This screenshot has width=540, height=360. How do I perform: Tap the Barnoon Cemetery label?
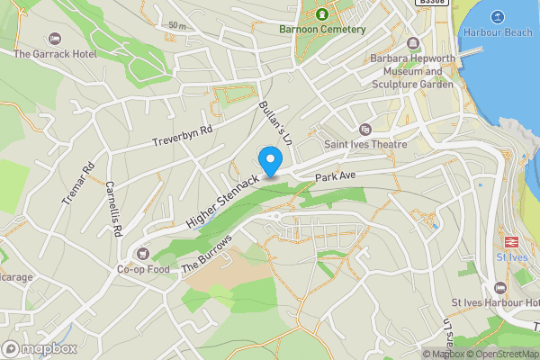pyautogui.click(x=322, y=29)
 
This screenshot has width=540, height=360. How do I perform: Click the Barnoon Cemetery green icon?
pyautogui.click(x=322, y=13)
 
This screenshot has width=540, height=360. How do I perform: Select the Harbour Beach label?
pyautogui.click(x=497, y=32)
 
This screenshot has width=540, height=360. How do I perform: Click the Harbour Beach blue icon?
pyautogui.click(x=497, y=16)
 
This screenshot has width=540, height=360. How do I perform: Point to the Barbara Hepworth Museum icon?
pyautogui.click(x=413, y=43)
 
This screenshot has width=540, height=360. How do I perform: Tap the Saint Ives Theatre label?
pyautogui.click(x=365, y=144)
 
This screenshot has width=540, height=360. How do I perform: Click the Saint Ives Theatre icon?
pyautogui.click(x=364, y=130)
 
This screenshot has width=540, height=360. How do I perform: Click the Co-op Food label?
pyautogui.click(x=142, y=268)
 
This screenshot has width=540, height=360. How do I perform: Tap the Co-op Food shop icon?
pyautogui.click(x=142, y=253)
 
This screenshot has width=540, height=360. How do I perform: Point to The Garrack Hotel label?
pyautogui.click(x=54, y=54)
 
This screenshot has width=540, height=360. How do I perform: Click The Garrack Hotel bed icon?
pyautogui.click(x=54, y=39)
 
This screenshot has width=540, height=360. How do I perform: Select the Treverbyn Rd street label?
pyautogui.click(x=182, y=135)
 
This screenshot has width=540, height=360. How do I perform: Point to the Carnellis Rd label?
pyautogui.click(x=113, y=210)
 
